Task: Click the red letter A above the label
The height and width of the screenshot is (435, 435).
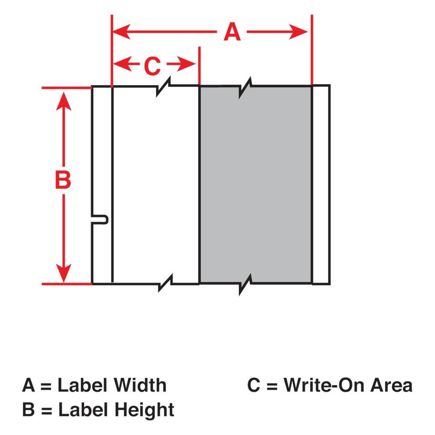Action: pyautogui.click(x=232, y=32)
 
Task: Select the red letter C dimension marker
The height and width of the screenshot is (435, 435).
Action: pyautogui.click(x=152, y=66)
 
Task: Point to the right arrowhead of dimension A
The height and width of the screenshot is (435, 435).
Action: pyautogui.click(x=298, y=32)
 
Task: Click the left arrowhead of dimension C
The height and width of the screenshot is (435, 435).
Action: pyautogui.click(x=122, y=64)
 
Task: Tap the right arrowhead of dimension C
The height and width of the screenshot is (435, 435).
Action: pyautogui.click(x=186, y=64)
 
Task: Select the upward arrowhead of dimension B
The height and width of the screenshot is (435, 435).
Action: pyautogui.click(x=64, y=101)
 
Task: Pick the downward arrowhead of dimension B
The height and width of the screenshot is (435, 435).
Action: pyautogui.click(x=64, y=273)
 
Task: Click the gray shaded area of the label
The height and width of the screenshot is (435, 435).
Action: pyautogui.click(x=256, y=185)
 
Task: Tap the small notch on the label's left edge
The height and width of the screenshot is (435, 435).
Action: pyautogui.click(x=100, y=219)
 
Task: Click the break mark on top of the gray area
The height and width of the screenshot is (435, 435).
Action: pyautogui.click(x=245, y=88)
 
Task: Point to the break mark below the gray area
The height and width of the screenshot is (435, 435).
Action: pyautogui.click(x=245, y=285)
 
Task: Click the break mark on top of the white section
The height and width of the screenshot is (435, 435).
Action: pyautogui.click(x=164, y=86)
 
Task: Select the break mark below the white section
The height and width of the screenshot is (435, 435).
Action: pyautogui.click(x=165, y=283)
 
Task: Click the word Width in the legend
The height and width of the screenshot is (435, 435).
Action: pyautogui.click(x=140, y=385)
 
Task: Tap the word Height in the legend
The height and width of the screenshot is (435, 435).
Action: pyautogui.click(x=144, y=410)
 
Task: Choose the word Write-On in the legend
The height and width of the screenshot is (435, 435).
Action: pyautogui.click(x=324, y=385)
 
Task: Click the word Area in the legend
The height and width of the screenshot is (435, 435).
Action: pyautogui.click(x=391, y=385)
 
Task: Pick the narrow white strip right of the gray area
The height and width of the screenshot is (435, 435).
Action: pyautogui.click(x=321, y=185)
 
